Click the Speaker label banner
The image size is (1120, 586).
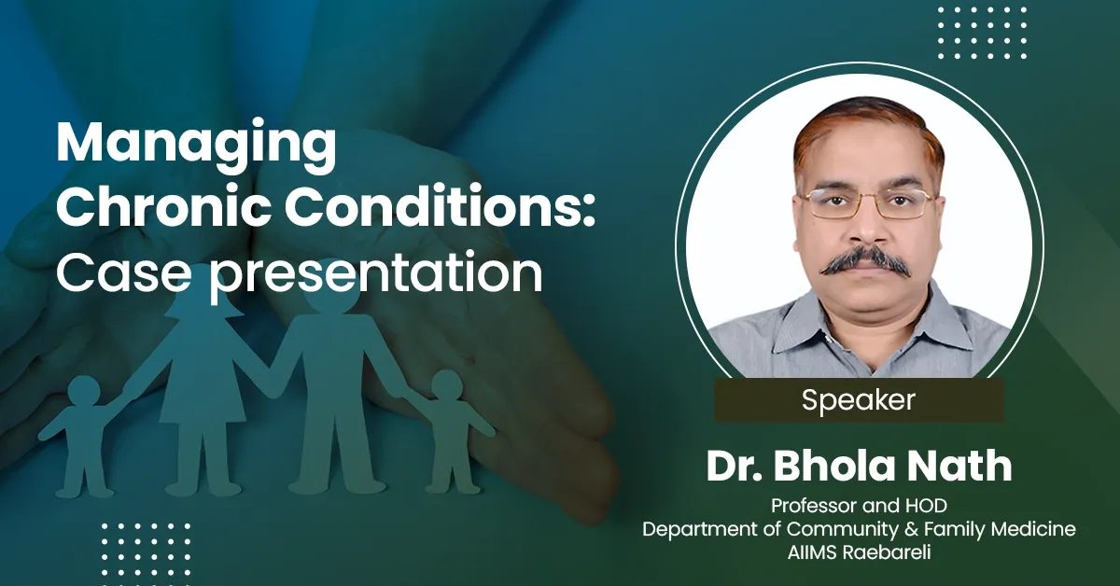(x=859, y=400)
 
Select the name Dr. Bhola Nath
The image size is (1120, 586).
(x=859, y=467)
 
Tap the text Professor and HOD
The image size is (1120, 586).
(x=859, y=505)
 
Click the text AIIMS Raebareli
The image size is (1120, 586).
(x=859, y=553)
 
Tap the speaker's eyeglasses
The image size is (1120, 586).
(x=865, y=202)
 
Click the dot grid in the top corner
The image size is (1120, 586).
(x=981, y=34)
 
